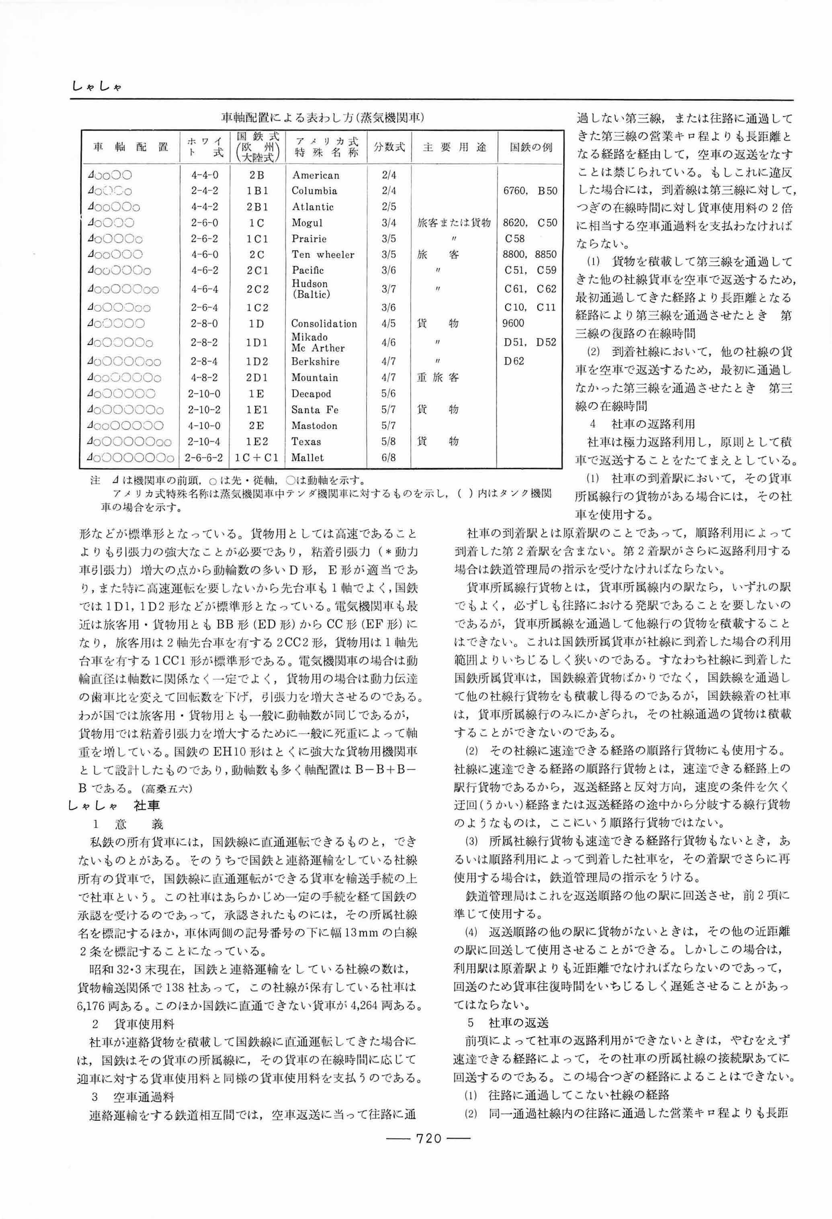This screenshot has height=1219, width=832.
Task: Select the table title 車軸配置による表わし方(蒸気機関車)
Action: [x=322, y=117]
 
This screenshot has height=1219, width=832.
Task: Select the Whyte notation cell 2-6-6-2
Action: [x=204, y=458]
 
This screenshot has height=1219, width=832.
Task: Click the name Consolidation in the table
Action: [x=324, y=324]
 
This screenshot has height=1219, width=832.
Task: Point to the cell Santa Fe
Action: [x=315, y=410]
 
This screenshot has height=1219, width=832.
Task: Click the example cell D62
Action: [x=514, y=361]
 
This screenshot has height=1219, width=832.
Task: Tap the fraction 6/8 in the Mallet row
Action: [x=389, y=458]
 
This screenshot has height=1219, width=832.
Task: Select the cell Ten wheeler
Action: [x=323, y=255]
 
